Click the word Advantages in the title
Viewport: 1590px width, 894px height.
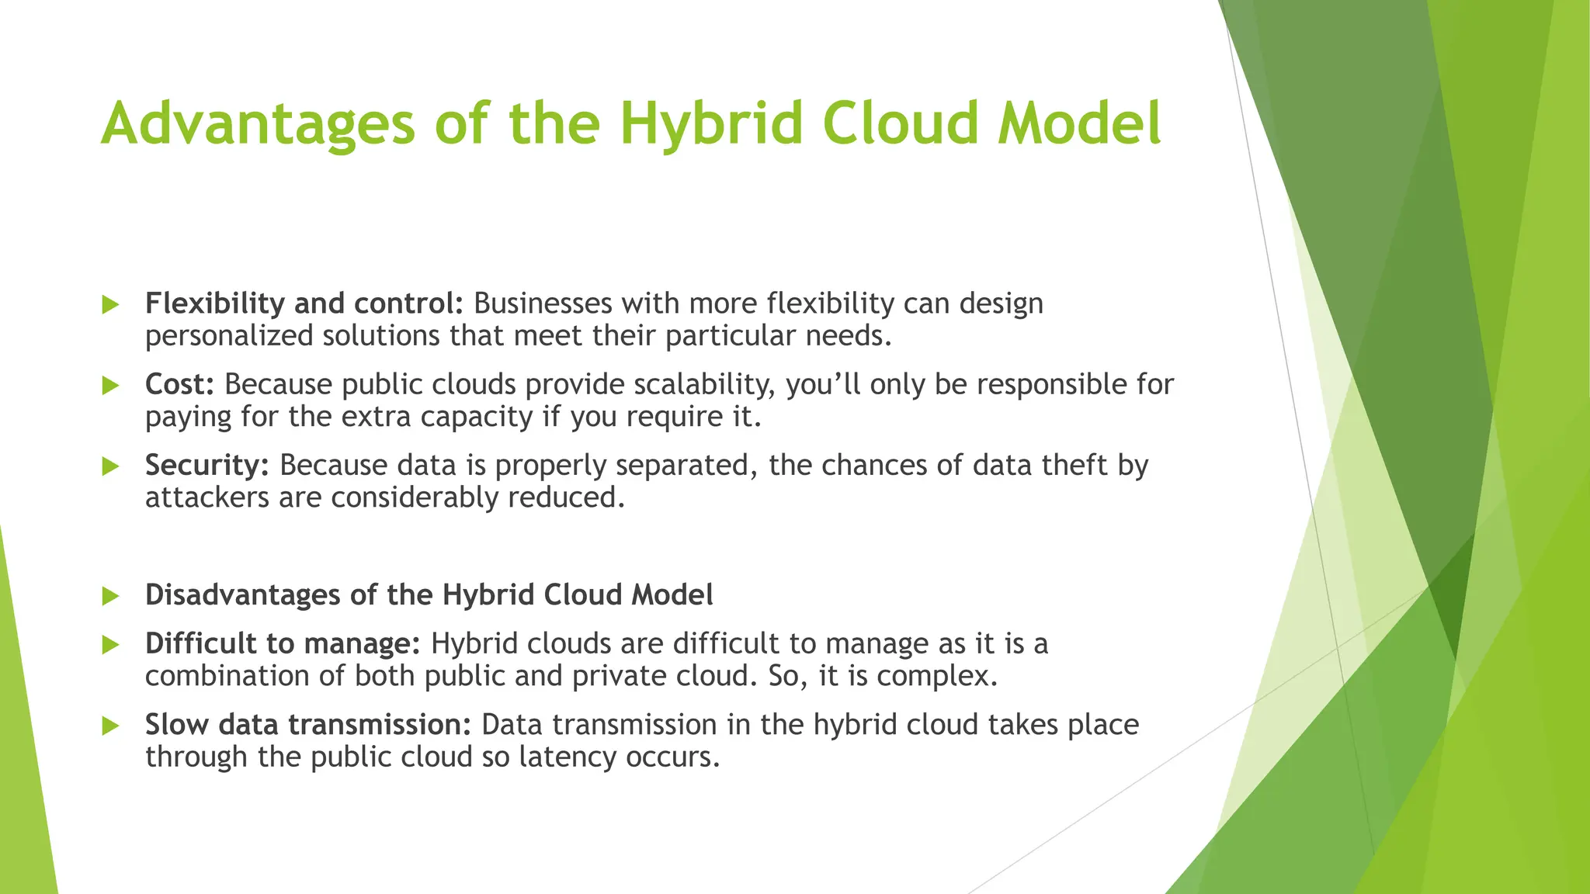click(x=258, y=124)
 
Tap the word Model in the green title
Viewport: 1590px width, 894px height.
click(x=1079, y=124)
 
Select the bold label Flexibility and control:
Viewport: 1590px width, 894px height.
click(x=304, y=303)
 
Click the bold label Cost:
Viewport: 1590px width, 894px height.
click(x=179, y=384)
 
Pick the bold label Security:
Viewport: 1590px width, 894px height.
click(x=207, y=465)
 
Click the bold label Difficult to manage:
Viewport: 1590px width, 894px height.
click(x=283, y=643)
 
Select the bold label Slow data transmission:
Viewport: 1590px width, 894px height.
click(x=308, y=724)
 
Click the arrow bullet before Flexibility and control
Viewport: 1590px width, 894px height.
click(x=110, y=304)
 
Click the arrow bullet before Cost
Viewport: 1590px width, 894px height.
click(x=110, y=385)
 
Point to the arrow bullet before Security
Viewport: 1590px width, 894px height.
click(x=110, y=466)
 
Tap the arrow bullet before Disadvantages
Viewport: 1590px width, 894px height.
click(x=110, y=596)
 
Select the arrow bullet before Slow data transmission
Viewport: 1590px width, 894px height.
click(x=110, y=725)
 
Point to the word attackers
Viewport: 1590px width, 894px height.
click(x=207, y=497)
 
